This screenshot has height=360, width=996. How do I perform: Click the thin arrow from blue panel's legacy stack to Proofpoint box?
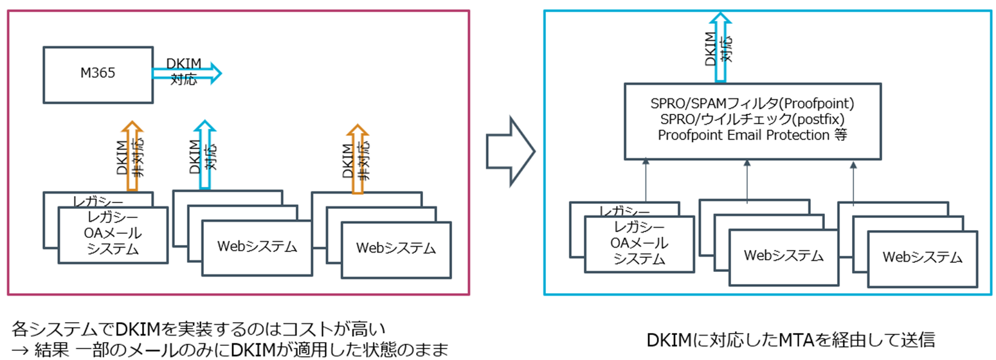pyautogui.click(x=645, y=183)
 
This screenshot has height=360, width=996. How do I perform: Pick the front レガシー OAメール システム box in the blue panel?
pyautogui.click(x=638, y=243)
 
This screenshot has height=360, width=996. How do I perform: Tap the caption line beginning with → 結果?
pyautogui.click(x=229, y=350)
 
